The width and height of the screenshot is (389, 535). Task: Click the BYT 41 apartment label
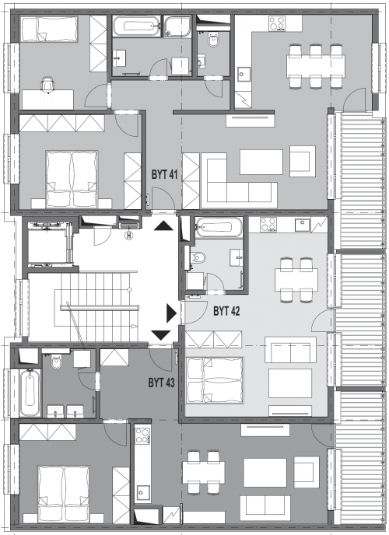pyautogui.click(x=164, y=175)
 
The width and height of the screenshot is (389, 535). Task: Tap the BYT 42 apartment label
pyautogui.click(x=226, y=311)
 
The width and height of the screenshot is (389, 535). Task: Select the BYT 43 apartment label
pyautogui.click(x=161, y=383)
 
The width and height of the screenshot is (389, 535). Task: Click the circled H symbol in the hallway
pyautogui.click(x=129, y=235)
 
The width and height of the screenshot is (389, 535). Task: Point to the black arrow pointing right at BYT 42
pyautogui.click(x=171, y=313)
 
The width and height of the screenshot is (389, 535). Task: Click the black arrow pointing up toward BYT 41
pyautogui.click(x=162, y=226)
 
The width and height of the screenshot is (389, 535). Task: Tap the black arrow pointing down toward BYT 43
pyautogui.click(x=161, y=335)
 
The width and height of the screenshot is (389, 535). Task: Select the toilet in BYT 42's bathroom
pyautogui.click(x=198, y=257)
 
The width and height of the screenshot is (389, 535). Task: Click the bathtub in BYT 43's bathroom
pyautogui.click(x=30, y=393)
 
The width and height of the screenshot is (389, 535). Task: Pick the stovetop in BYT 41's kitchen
pyautogui.click(x=277, y=24)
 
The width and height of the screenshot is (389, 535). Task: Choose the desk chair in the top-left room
pyautogui.click(x=47, y=85)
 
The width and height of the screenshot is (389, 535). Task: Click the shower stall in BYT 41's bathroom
pyautogui.click(x=177, y=26)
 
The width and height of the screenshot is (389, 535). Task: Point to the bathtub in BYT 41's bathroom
pyautogui.click(x=136, y=26)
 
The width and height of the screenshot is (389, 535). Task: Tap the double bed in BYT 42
pyautogui.click(x=214, y=380)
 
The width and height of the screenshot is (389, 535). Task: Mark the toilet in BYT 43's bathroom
pyautogui.click(x=57, y=362)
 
